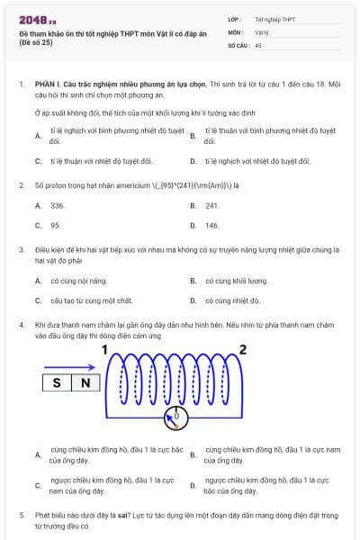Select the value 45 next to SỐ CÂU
(x=258, y=44)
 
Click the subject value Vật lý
(x=262, y=31)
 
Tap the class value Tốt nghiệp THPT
(x=274, y=18)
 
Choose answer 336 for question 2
(x=58, y=205)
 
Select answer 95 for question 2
(x=56, y=225)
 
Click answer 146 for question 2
(x=212, y=225)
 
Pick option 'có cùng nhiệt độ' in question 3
(x=232, y=300)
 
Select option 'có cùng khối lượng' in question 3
(x=237, y=281)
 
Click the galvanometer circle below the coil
(x=176, y=418)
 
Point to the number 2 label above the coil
(x=241, y=349)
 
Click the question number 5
(x=22, y=515)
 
